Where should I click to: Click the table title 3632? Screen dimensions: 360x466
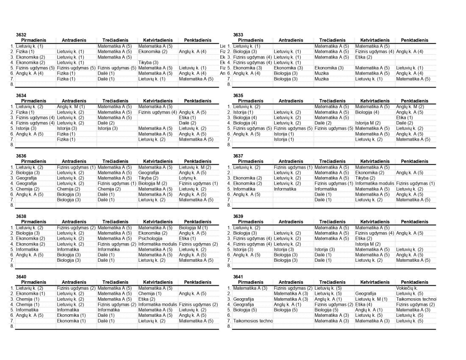tap(21, 35)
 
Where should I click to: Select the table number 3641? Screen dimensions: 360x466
tap(238, 276)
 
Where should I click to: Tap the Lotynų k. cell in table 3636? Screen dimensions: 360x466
tap(188, 178)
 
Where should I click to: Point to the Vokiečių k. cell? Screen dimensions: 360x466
tap(407, 288)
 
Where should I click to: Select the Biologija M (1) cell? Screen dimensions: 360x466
tap(193, 227)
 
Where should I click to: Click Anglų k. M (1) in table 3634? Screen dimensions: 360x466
tap(71, 106)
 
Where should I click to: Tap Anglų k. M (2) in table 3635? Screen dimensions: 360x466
tap(410, 106)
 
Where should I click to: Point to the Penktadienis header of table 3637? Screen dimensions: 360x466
tap(415, 161)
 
